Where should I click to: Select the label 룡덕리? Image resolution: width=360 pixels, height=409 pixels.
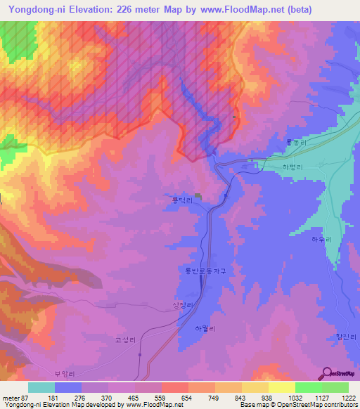click(x=182, y=200)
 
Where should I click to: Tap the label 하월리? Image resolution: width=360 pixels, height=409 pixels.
click(x=203, y=328)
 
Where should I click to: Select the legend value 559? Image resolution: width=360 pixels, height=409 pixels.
click(x=160, y=398)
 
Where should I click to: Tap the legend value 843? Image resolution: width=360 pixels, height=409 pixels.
click(x=240, y=398)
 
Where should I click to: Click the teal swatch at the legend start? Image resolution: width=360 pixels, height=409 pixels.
click(x=41, y=387)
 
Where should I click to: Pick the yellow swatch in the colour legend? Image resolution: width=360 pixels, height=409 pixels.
click(x=282, y=387)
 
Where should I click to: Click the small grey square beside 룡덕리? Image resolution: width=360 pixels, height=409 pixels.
click(x=198, y=196)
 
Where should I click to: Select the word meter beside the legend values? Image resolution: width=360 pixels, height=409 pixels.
click(x=11, y=398)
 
